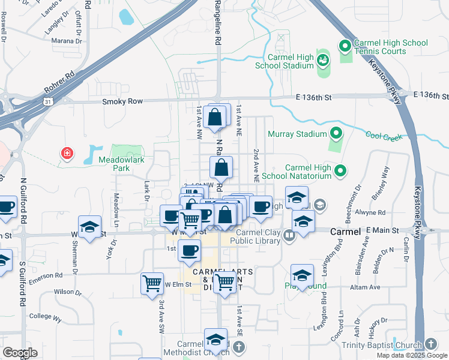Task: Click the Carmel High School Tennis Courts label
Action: click(x=391, y=47)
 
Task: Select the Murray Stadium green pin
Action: click(x=336, y=133)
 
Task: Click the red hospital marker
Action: click(x=67, y=154)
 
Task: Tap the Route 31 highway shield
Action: click(x=48, y=102)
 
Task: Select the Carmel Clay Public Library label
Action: click(x=258, y=236)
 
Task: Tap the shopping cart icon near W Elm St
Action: click(x=152, y=283)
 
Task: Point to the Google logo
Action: click(x=20, y=353)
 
